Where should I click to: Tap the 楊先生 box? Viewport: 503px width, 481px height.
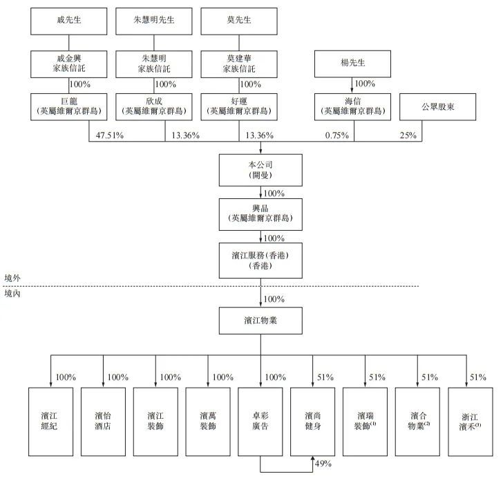pos(353,64)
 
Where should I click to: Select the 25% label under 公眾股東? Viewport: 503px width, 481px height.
pos(408,135)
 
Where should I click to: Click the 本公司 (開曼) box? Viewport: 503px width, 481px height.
pos(260,170)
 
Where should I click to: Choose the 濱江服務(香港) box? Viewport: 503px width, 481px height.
pos(260,261)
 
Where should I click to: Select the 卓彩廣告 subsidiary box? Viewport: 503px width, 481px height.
pos(260,421)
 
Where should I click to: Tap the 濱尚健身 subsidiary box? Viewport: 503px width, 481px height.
pos(313,421)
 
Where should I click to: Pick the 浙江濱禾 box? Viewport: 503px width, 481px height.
pos(471,421)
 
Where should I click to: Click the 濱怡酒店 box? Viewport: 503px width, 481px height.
pos(104,421)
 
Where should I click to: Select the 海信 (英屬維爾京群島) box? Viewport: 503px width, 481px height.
pos(353,106)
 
